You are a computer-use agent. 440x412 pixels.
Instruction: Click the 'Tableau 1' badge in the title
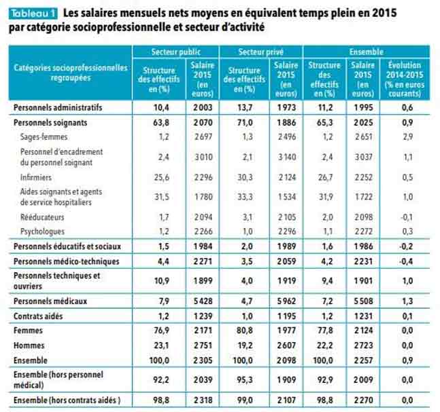click(x=32, y=13)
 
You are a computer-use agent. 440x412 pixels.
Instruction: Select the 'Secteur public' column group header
click(x=174, y=52)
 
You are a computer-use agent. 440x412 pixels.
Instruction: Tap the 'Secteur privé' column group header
click(x=260, y=52)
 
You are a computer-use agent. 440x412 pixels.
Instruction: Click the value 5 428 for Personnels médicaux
click(x=202, y=300)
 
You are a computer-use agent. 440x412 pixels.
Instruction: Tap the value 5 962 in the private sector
click(x=286, y=300)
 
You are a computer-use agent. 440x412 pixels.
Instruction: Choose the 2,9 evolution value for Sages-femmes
click(x=407, y=137)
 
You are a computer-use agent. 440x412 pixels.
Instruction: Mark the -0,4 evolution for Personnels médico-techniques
click(x=406, y=261)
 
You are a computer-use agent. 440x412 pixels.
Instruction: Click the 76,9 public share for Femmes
click(x=161, y=331)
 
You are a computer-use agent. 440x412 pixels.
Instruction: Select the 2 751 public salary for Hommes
click(x=202, y=345)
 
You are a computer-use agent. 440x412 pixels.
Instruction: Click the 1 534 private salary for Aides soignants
click(x=286, y=197)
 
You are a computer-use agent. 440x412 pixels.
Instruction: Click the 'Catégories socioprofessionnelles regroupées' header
click(x=70, y=73)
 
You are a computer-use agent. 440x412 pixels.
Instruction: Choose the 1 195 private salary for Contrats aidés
click(x=286, y=316)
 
